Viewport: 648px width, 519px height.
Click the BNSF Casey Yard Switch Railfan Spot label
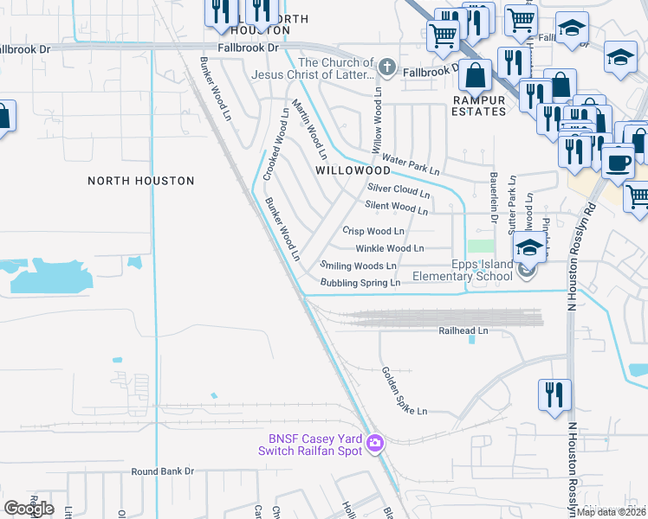click(310, 444)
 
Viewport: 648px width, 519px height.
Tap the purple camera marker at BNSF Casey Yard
click(375, 443)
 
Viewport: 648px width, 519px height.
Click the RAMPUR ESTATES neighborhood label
click(479, 106)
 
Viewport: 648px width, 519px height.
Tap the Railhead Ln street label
click(463, 330)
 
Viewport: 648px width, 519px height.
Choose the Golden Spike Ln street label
click(405, 390)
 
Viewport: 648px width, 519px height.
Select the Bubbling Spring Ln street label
click(360, 283)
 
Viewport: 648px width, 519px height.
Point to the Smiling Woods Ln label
click(358, 266)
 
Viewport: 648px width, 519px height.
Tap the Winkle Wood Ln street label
click(389, 248)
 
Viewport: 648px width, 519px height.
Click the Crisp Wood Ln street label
click(373, 231)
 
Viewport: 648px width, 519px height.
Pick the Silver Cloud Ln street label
click(399, 190)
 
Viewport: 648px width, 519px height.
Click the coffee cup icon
click(618, 162)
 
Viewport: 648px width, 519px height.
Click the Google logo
click(29, 509)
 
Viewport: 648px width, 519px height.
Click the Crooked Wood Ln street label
click(275, 144)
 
